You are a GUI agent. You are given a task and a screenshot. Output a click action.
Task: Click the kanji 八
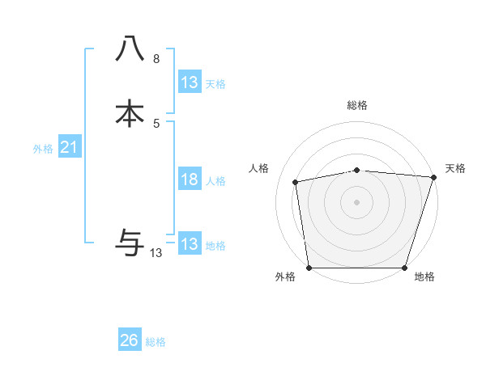click(x=130, y=49)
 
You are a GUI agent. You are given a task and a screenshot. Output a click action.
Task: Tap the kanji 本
click(x=130, y=113)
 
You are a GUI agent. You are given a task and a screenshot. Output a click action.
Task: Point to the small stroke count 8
click(x=156, y=59)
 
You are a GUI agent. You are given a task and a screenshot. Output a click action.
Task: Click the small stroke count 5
click(x=156, y=123)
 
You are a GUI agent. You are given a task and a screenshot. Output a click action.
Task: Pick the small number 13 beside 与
click(x=156, y=253)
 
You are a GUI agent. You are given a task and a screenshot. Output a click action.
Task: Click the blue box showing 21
click(x=69, y=147)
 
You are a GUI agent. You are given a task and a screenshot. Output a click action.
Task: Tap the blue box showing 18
click(x=189, y=179)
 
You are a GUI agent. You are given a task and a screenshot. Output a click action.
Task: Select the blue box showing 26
click(x=130, y=340)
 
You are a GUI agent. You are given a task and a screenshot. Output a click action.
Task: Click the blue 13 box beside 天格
click(x=189, y=82)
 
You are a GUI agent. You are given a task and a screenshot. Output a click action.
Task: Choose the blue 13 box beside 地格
click(x=189, y=244)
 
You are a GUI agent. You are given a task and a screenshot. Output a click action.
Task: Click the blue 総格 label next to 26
click(x=156, y=342)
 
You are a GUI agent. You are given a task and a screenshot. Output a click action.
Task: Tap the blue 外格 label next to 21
click(x=43, y=149)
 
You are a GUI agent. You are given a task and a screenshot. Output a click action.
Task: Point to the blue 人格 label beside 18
click(x=215, y=181)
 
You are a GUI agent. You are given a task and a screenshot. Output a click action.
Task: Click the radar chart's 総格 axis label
click(x=357, y=105)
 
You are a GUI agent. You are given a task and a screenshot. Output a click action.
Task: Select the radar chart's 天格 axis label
click(x=455, y=168)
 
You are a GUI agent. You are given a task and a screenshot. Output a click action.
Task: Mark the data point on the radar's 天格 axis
click(x=433, y=177)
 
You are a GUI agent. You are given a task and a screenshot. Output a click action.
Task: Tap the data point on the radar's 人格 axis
click(x=296, y=182)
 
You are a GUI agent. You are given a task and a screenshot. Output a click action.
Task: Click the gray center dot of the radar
click(x=357, y=201)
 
